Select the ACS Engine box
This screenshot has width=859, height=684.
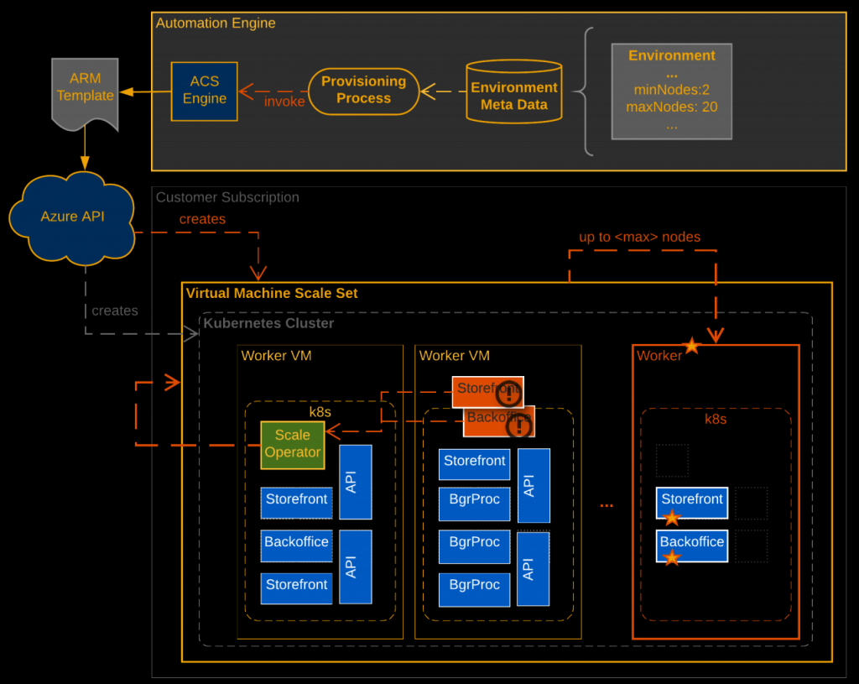204,90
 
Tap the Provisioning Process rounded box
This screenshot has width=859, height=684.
363,91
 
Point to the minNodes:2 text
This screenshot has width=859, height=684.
671,90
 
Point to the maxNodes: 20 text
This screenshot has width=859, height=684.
671,107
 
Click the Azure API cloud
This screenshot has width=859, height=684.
72,217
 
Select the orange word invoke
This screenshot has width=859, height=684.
284,102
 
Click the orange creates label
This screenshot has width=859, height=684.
202,219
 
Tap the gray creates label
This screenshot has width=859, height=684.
115,311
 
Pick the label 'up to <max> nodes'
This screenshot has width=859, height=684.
639,237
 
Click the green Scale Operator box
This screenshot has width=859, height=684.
293,444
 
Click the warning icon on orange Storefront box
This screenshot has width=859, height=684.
508,394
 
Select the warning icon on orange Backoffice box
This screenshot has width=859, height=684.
520,426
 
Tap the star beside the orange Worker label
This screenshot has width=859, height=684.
691,346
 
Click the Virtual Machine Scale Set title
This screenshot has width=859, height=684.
272,293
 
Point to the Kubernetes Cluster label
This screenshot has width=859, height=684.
268,323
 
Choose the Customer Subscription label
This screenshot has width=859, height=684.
227,197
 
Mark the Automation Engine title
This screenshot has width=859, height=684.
216,23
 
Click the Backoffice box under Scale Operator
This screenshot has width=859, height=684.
296,543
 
